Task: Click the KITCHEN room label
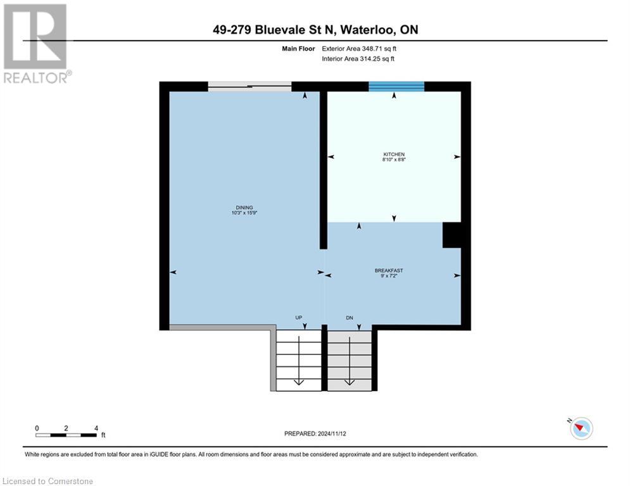(x=393, y=154)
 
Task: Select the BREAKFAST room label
(x=389, y=270)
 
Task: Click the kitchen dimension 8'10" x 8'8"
(x=393, y=161)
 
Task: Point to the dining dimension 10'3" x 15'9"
(x=244, y=213)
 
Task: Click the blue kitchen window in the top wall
(x=396, y=87)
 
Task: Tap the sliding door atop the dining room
(x=249, y=87)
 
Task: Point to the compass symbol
(x=581, y=428)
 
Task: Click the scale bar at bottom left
(x=66, y=434)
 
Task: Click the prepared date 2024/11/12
(x=315, y=433)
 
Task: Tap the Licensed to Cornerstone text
(x=48, y=482)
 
